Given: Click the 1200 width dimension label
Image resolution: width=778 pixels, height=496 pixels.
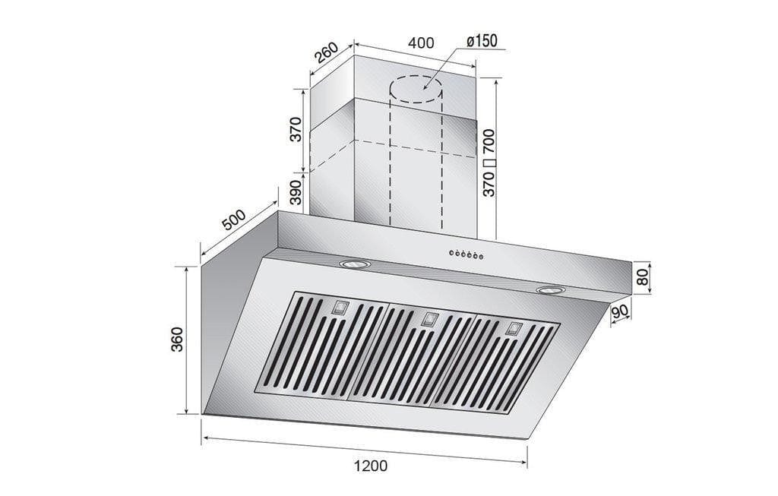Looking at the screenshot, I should pos(369,466).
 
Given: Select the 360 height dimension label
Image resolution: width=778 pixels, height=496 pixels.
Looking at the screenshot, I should pos(176,340).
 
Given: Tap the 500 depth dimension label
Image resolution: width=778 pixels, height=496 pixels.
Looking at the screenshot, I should pos(233,219).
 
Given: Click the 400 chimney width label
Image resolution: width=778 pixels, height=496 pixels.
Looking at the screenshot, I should pos(421,43).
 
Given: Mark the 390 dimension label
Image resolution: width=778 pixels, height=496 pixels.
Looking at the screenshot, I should pos(297,196).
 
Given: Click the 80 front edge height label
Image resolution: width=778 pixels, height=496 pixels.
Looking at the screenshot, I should pos(643,278).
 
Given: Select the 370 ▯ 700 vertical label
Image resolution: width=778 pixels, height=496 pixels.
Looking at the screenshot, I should pos(489,163).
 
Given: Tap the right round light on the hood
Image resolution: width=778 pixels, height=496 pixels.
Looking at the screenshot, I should pos(550,290).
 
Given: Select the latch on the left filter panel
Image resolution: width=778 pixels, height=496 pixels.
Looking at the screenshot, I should pos(340,308).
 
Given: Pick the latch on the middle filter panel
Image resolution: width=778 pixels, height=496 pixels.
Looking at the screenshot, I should pos(429,318).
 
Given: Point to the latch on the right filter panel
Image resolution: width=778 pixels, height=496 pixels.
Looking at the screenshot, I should pos(514,329).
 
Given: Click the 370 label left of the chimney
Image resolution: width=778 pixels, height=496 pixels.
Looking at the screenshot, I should pos(297,130).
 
